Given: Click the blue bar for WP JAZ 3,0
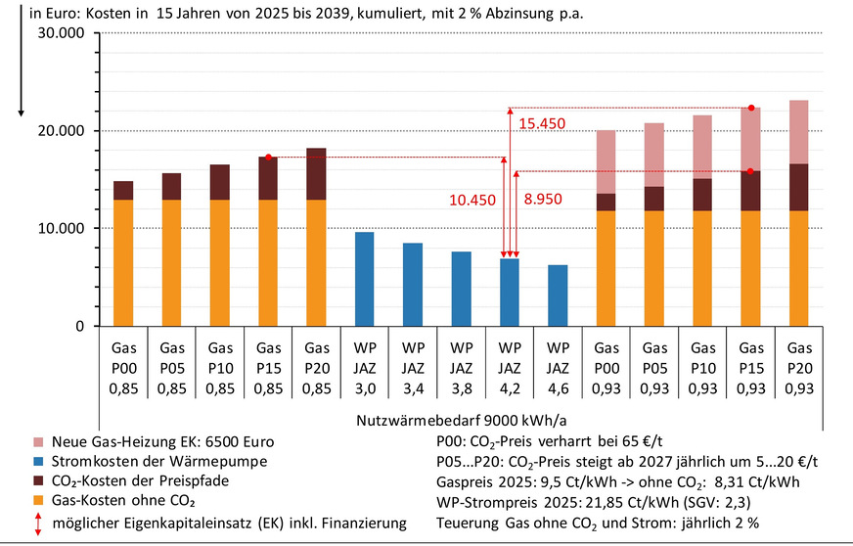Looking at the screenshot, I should (x=364, y=279).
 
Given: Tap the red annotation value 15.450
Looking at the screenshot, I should (x=541, y=124).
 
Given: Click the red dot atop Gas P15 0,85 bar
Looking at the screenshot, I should (x=268, y=157).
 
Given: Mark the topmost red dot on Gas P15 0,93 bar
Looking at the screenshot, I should (x=751, y=108).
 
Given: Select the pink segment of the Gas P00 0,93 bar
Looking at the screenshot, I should (x=606, y=161).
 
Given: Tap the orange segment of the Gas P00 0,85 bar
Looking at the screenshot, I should (x=123, y=262).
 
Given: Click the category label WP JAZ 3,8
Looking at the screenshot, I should (x=461, y=364).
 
